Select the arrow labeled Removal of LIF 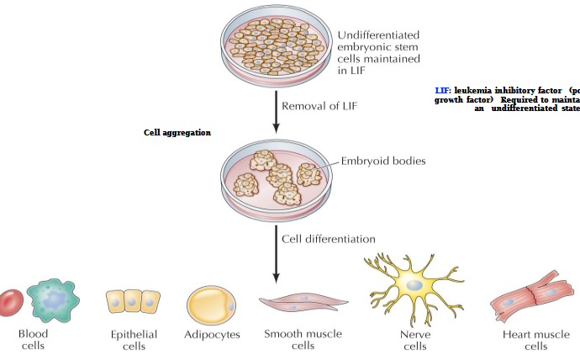[276, 110]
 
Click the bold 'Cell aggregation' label [177, 133]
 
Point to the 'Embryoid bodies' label [382, 161]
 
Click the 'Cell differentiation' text [328, 238]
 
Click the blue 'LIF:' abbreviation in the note [443, 90]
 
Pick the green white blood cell [54, 300]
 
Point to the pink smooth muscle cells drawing [303, 304]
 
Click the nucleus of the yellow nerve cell [414, 286]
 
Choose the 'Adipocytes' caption [212, 335]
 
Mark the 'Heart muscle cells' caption [535, 340]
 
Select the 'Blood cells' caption [33, 340]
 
